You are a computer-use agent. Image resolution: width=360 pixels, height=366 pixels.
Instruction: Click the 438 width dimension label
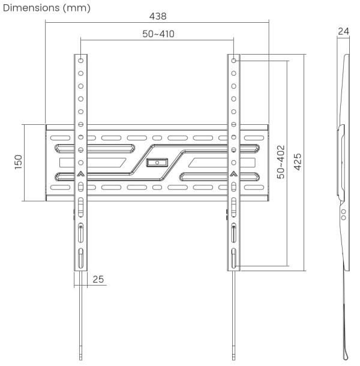click(x=158, y=16)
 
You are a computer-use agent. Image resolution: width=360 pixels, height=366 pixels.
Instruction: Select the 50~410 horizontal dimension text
click(x=158, y=34)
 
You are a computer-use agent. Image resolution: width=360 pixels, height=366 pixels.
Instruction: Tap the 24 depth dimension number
click(x=343, y=31)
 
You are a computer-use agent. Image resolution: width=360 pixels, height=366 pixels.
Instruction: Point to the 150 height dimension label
click(x=18, y=163)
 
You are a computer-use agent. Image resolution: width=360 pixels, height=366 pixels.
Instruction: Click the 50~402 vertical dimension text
click(x=280, y=162)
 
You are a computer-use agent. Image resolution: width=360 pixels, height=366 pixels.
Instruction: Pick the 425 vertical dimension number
click(x=297, y=162)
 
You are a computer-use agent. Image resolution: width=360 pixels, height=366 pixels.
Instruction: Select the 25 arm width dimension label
click(x=98, y=280)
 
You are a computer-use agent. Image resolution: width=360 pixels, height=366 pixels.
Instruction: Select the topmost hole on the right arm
click(x=234, y=61)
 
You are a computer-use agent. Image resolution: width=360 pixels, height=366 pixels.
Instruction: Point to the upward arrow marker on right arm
click(x=234, y=175)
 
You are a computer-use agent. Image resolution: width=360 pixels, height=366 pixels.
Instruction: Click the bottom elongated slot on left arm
click(x=81, y=258)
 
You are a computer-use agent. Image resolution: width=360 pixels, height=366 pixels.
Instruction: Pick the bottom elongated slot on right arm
click(x=234, y=258)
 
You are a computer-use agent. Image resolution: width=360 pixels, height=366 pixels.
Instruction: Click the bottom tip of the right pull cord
click(x=234, y=358)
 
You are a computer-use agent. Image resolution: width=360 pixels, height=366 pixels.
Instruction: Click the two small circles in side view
click(x=343, y=214)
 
